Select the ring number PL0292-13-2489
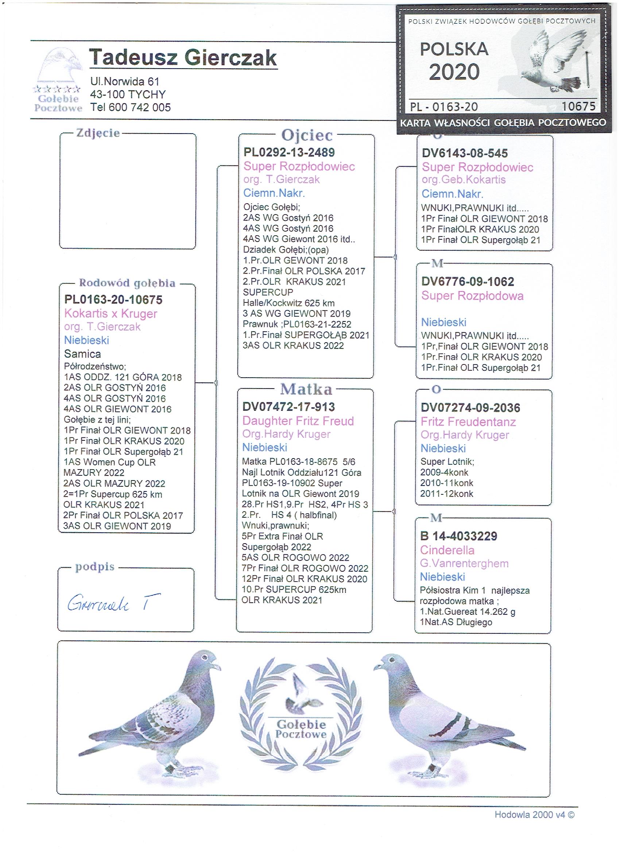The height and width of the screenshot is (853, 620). (289, 153)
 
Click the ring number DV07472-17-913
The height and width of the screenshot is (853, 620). (288, 407)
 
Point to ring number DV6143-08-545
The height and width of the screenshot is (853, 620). (465, 154)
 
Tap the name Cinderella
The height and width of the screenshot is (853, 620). (447, 550)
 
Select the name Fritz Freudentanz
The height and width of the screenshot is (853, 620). (468, 422)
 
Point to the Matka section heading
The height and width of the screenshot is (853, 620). (306, 389)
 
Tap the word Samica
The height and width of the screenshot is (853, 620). (82, 354)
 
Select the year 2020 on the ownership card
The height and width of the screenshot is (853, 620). (454, 72)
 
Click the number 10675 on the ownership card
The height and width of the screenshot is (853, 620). (578, 107)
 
